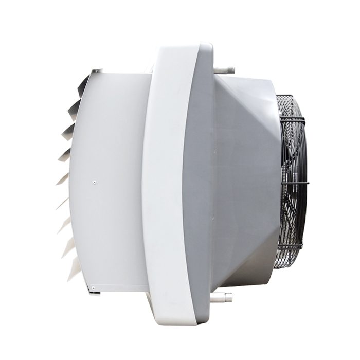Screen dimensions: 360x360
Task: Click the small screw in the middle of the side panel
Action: point(94,181)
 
